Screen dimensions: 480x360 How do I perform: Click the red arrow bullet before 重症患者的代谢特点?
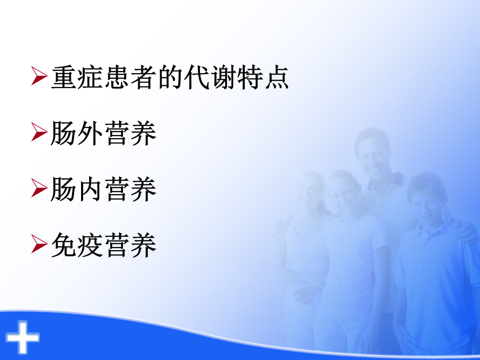pyautogui.click(x=39, y=76)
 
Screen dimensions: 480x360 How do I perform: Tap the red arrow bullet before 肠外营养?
pyautogui.click(x=39, y=132)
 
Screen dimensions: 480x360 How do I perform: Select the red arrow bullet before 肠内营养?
pyautogui.click(x=39, y=188)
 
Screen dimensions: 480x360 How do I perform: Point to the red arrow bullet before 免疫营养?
pyautogui.click(x=39, y=244)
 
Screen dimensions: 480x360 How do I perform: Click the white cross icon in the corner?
pyautogui.click(x=22, y=337)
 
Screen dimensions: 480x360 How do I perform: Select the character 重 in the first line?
pyautogui.click(x=63, y=77)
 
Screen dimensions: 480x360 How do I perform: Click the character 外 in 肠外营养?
pyautogui.click(x=90, y=133)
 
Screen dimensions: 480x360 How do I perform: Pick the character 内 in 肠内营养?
pyautogui.click(x=90, y=189)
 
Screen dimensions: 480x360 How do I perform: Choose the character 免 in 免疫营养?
pyautogui.click(x=63, y=245)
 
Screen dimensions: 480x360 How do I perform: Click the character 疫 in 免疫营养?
pyautogui.click(x=90, y=245)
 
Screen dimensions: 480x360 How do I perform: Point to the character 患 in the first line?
pyautogui.click(x=117, y=77)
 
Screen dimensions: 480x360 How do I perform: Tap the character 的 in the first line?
pyautogui.click(x=170, y=77)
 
